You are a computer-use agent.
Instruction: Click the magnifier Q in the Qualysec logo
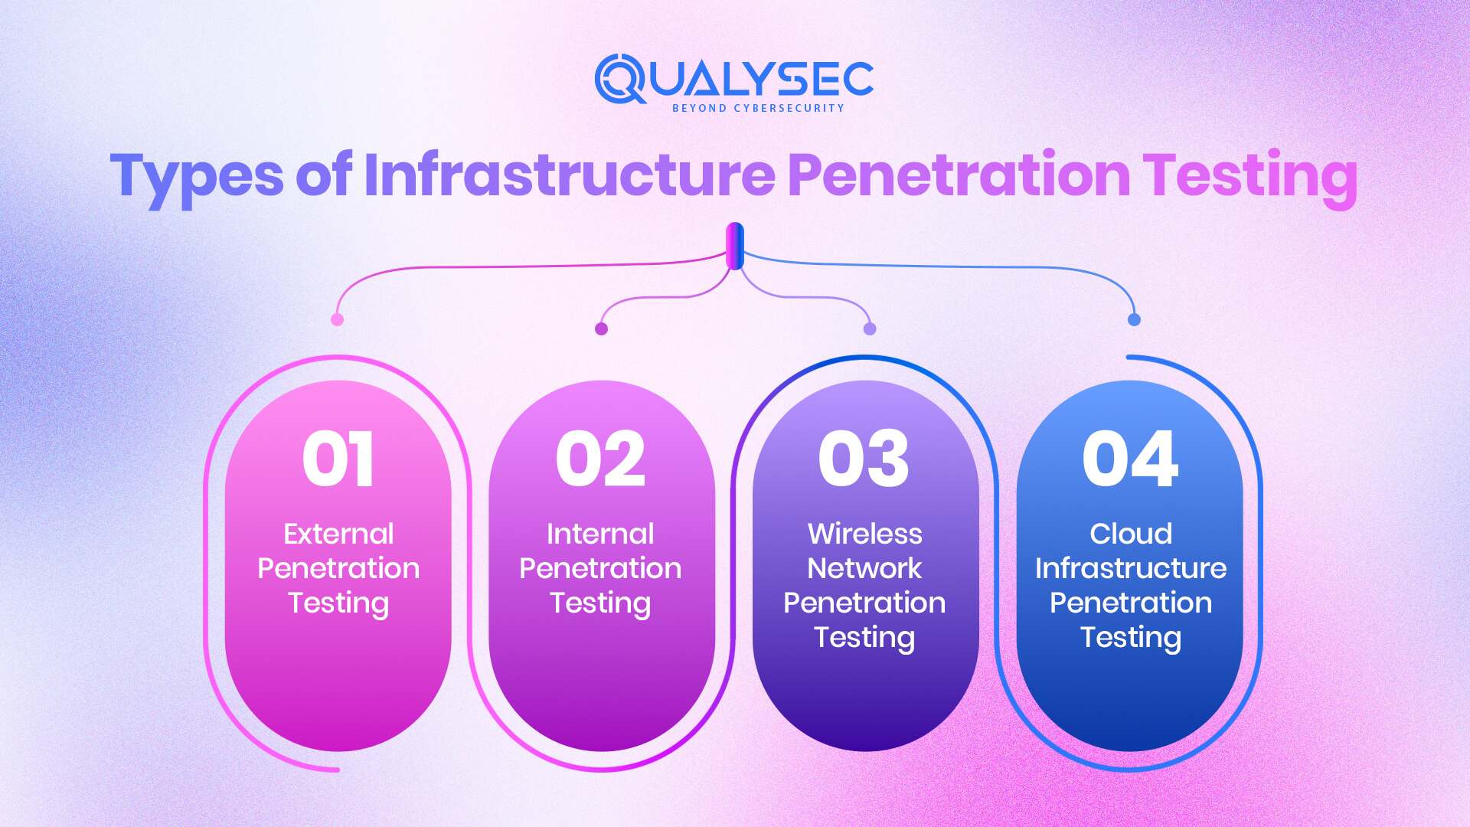tap(620, 79)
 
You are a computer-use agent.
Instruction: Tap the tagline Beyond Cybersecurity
tap(758, 108)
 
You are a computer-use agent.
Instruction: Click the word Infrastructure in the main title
tap(570, 175)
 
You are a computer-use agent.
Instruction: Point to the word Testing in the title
tap(1249, 176)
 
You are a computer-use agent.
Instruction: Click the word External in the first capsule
tap(338, 534)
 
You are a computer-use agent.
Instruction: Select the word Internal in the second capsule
tap(601, 534)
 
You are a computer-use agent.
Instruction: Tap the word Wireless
tap(865, 534)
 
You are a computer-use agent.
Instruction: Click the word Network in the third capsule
tap(864, 568)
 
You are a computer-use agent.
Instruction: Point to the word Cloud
tap(1131, 534)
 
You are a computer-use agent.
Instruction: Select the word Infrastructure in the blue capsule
tap(1131, 568)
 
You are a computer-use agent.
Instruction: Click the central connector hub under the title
tap(735, 246)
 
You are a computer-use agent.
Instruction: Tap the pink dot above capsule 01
tap(337, 319)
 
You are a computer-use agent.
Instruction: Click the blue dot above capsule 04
tap(1135, 319)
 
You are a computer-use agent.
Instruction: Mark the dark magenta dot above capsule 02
tap(602, 329)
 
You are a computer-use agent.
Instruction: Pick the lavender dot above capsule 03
tap(870, 329)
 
